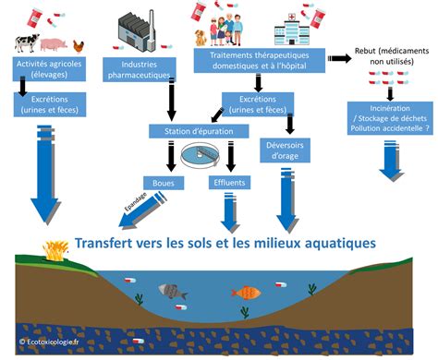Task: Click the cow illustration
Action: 27,43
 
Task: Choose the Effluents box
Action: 228,182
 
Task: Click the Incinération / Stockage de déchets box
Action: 392,117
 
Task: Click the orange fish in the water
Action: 245,293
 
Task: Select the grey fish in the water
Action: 173,291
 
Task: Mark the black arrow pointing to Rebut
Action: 339,58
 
